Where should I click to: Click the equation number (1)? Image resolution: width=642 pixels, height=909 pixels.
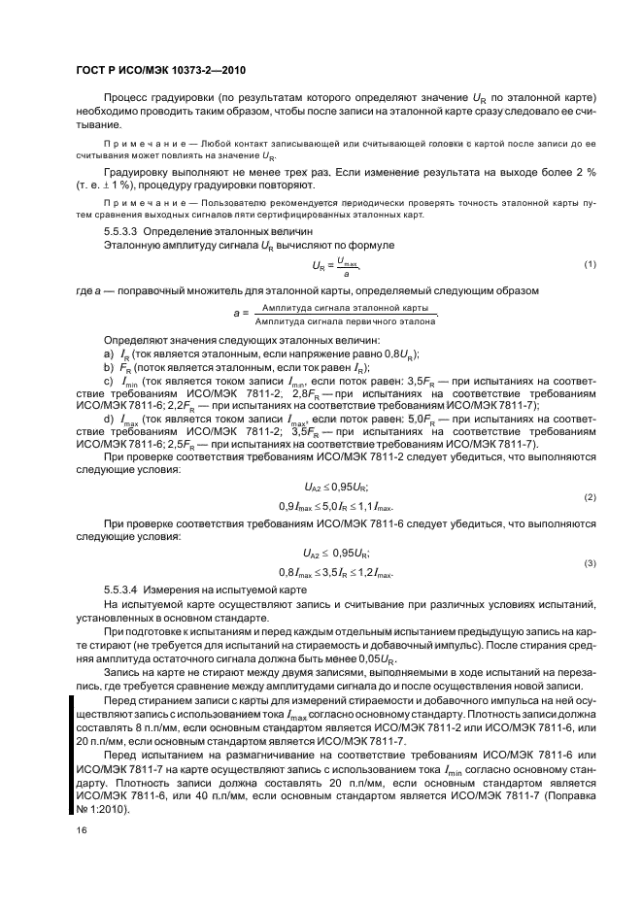[x=590, y=264]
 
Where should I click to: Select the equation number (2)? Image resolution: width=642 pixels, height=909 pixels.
[x=590, y=497]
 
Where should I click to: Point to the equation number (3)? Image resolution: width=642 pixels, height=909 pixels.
[x=590, y=563]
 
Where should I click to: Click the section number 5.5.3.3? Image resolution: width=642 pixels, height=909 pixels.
[x=123, y=233]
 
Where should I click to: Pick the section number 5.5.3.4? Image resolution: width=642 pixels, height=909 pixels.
[x=123, y=589]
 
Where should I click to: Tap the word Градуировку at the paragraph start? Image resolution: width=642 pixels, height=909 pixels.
[x=134, y=172]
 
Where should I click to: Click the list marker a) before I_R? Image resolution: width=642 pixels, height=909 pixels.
[x=108, y=355]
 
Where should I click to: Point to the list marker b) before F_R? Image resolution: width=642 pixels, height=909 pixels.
[x=108, y=368]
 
